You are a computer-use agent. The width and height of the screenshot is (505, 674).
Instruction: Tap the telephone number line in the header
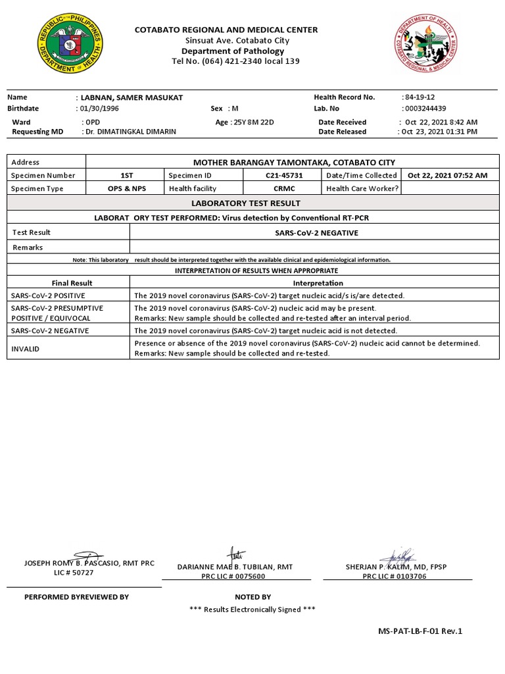(226, 61)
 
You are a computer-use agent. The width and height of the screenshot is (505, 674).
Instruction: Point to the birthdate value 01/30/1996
(99, 108)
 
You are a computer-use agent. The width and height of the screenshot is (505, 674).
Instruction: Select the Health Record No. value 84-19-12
(423, 97)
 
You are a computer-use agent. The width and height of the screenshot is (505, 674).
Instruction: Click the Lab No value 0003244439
(425, 108)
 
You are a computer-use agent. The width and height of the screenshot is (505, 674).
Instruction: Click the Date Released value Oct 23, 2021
(439, 132)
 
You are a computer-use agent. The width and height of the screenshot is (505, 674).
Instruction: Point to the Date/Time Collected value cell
(447, 176)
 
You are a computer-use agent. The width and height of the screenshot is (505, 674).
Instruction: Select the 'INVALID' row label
(25, 348)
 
